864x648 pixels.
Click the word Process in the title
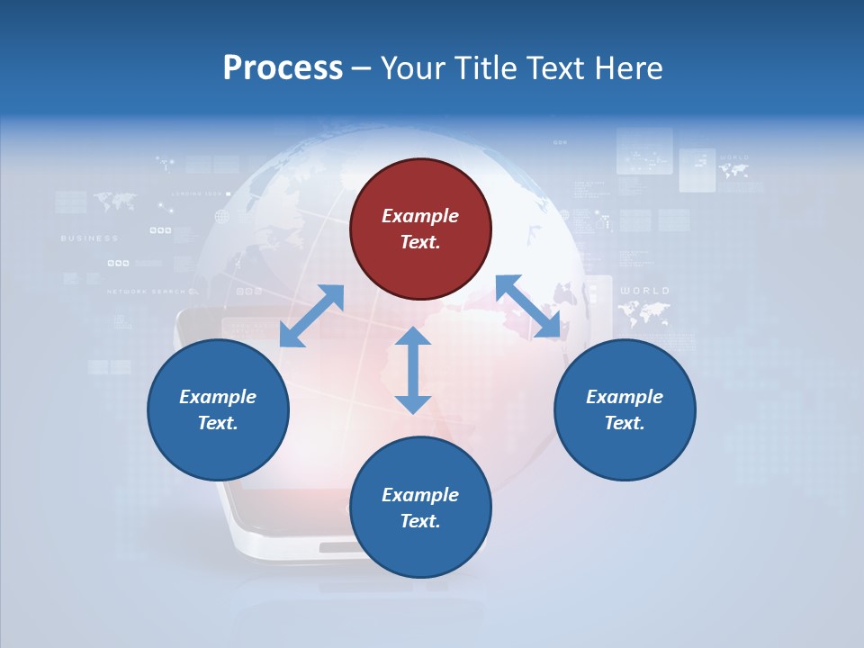[x=283, y=68]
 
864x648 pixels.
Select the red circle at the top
[x=420, y=229]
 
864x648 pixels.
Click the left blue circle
[x=218, y=409]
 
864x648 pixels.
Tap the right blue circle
[x=625, y=409]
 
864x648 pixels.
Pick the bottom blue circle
[x=420, y=508]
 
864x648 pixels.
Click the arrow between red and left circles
[x=311, y=316]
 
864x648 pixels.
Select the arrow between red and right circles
[x=528, y=307]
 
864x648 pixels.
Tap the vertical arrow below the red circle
[x=413, y=370]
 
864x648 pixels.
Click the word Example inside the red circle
[x=420, y=216]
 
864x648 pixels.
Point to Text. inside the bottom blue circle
[x=420, y=521]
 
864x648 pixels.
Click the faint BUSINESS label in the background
[x=89, y=238]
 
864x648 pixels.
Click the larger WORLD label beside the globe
[x=645, y=291]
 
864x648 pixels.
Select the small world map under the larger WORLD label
[x=644, y=313]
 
